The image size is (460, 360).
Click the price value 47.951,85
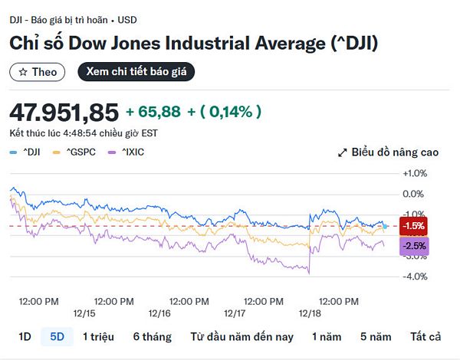coord(64,113)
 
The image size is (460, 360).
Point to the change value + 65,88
coord(153,112)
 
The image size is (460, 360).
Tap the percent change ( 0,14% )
coord(231,112)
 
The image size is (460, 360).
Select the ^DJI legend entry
coord(28,152)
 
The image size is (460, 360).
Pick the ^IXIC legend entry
coord(128,152)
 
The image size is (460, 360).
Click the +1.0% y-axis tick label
coord(414,173)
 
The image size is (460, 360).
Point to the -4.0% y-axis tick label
coord(414,277)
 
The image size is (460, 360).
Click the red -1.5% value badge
coord(414,226)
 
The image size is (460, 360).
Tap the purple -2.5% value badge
coord(414,246)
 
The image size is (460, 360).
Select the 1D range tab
coord(25,336)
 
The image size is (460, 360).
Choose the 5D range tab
coord(58,336)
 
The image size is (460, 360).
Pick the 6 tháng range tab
coord(152,336)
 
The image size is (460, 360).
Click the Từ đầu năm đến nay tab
coord(242,336)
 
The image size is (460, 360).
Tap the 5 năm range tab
coord(376,336)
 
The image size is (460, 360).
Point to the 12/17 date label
coord(234,314)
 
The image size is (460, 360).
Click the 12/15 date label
coord(84,314)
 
